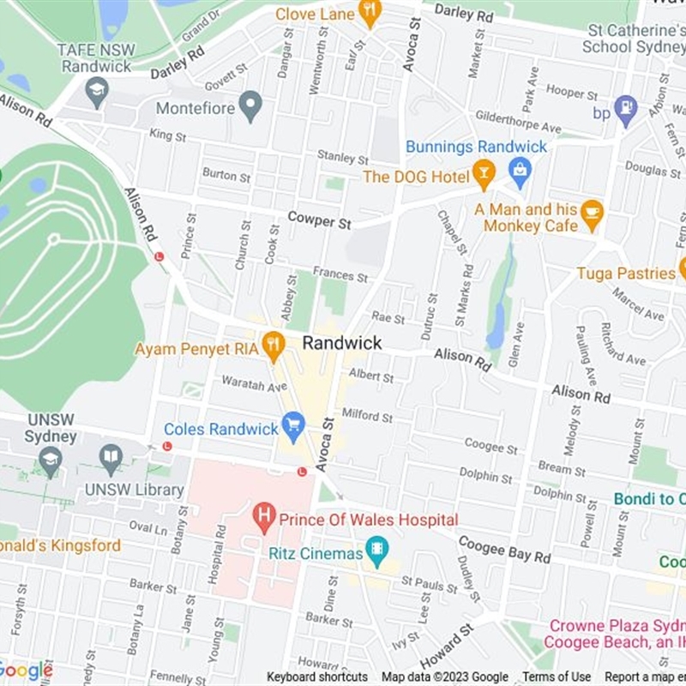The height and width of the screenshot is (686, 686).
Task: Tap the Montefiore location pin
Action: coord(250,107)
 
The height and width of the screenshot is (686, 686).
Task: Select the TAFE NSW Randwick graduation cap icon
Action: coord(98,91)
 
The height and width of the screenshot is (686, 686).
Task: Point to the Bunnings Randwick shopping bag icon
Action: coord(520,171)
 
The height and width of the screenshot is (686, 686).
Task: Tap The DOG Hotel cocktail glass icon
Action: coord(484,175)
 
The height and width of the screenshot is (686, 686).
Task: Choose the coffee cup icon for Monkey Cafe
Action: coord(592,214)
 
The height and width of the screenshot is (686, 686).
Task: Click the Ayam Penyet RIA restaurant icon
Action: coord(273,346)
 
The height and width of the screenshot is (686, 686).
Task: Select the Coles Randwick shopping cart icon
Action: coord(293,426)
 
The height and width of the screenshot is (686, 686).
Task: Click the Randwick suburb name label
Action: coord(341,343)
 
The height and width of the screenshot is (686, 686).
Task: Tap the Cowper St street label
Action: coord(320,220)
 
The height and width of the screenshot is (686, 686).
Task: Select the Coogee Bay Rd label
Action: coord(504,549)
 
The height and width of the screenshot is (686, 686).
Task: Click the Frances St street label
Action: coord(340,276)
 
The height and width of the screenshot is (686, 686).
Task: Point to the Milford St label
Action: coord(367,416)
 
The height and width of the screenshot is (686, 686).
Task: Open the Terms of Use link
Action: coord(557,677)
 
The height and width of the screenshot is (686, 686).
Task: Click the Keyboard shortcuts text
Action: coord(317,677)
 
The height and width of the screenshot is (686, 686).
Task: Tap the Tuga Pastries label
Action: coord(625,273)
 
